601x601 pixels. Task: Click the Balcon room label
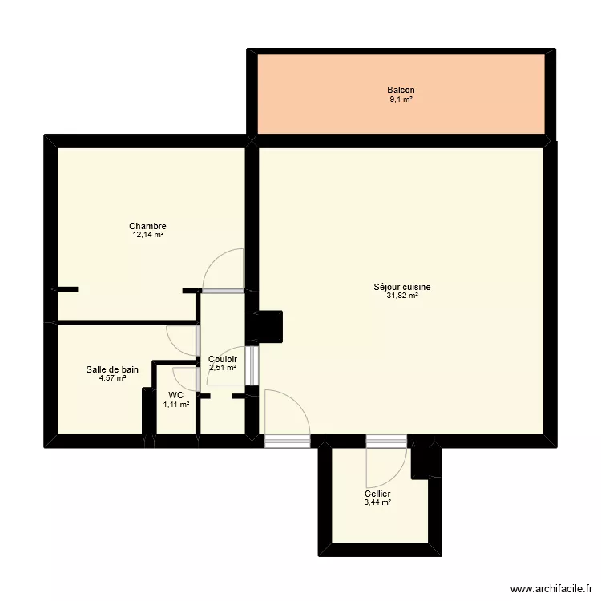click(401, 91)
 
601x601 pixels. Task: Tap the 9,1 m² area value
click(401, 99)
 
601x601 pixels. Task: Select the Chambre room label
click(147, 226)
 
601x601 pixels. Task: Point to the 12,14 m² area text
click(147, 235)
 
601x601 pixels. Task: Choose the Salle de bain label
click(112, 369)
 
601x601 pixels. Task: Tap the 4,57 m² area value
click(112, 378)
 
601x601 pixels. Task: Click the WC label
click(175, 395)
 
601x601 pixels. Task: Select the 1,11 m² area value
click(176, 405)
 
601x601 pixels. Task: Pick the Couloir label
click(222, 359)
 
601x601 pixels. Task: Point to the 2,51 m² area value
click(222, 368)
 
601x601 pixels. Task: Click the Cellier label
click(377, 494)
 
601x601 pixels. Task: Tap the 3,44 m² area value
click(377, 502)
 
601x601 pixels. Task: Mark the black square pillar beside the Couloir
click(269, 326)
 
